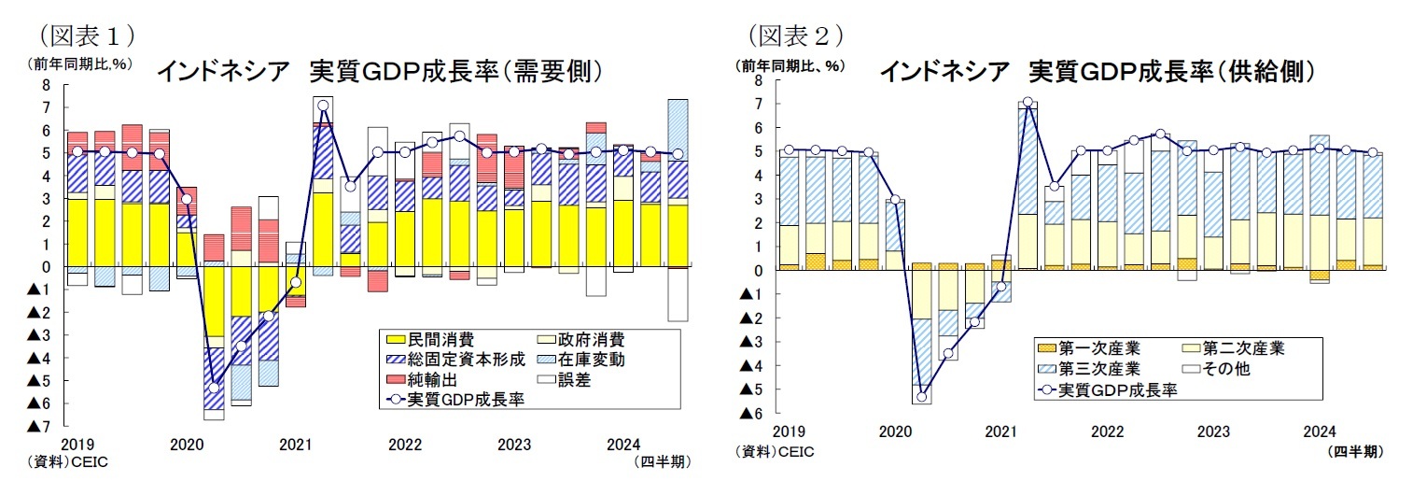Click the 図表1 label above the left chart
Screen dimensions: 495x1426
coord(83,35)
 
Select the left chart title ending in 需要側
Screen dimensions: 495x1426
coord(378,72)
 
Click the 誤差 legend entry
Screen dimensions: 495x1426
coord(574,379)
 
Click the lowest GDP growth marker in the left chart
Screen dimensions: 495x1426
coord(214,388)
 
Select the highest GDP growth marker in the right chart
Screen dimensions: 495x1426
coord(1028,103)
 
